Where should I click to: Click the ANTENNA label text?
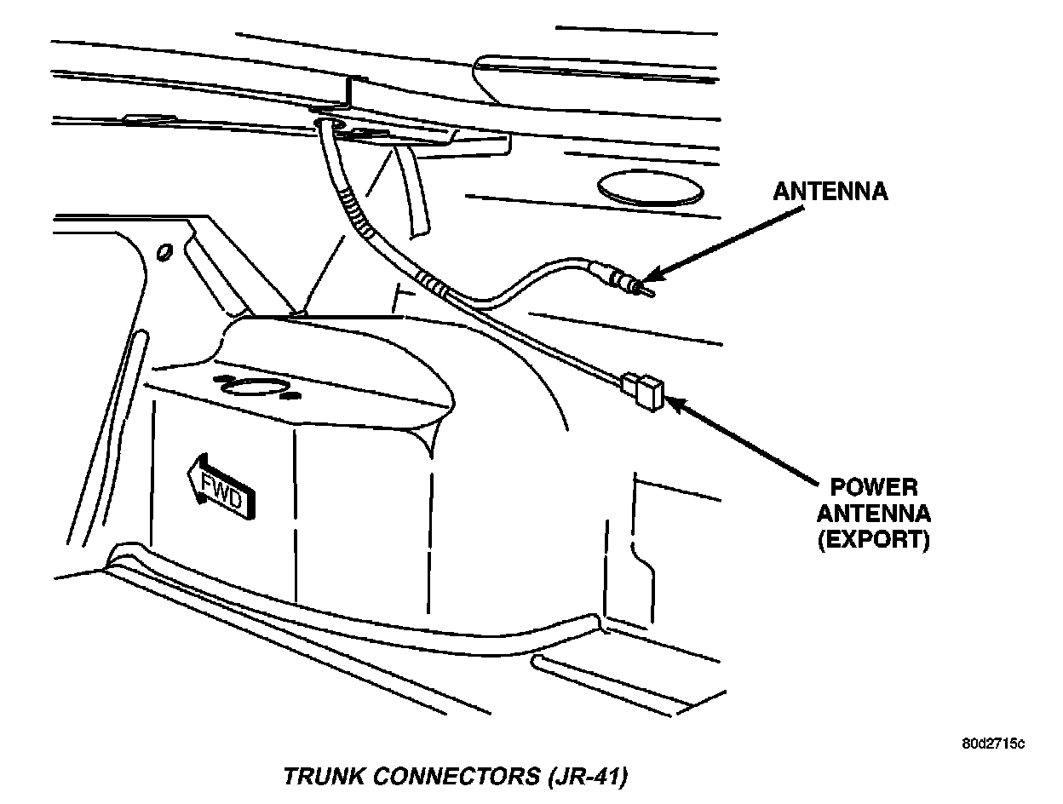tap(830, 192)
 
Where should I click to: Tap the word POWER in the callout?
tap(874, 488)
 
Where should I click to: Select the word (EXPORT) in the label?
tap(874, 540)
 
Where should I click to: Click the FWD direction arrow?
tap(221, 489)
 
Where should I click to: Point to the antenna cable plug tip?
tap(649, 290)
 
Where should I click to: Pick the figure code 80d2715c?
tap(993, 744)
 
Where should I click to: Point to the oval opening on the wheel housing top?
tap(253, 388)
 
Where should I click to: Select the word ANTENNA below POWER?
tap(874, 514)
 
